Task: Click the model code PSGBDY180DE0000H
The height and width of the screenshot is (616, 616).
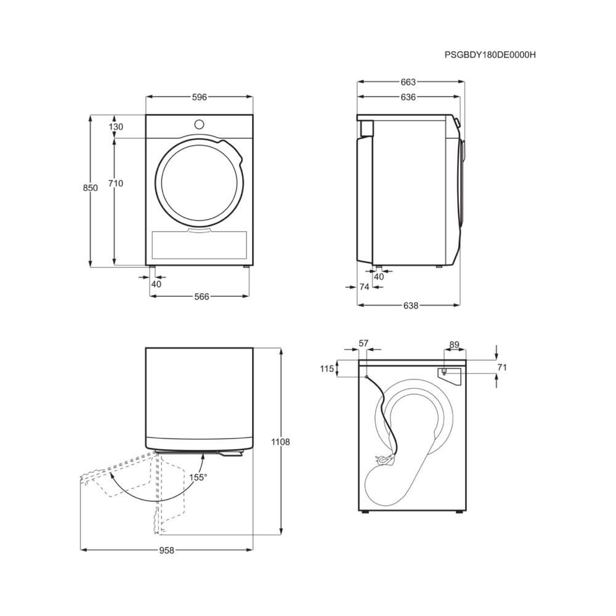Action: tap(490, 55)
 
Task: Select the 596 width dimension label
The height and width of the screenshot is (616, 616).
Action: tap(200, 97)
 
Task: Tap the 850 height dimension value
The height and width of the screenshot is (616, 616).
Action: tap(91, 188)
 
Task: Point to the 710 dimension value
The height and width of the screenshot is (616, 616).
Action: tap(116, 184)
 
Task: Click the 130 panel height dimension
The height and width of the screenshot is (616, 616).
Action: tap(116, 127)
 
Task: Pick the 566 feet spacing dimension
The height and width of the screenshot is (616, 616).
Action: tap(202, 297)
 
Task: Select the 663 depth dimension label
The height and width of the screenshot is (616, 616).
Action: tap(408, 82)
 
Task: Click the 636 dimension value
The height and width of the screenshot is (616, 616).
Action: tap(408, 97)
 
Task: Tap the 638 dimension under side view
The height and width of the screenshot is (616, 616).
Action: tap(410, 306)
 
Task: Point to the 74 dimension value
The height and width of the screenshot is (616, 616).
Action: tap(364, 287)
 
